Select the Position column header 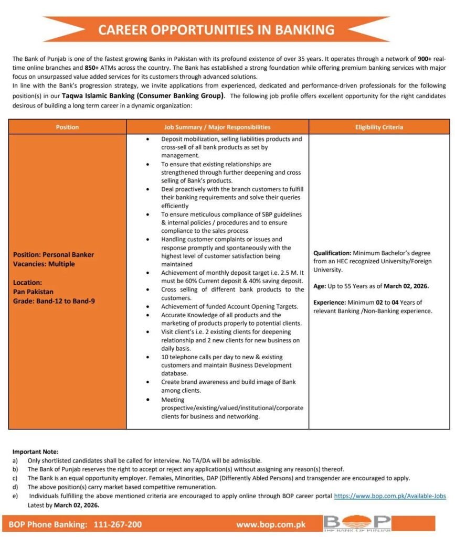coord(67,127)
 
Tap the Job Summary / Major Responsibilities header coord(217,127)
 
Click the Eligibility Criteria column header coord(378,127)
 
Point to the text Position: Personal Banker coord(54,254)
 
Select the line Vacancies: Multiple coord(44,264)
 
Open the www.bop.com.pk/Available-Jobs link coord(390,496)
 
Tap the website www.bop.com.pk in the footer coord(270,524)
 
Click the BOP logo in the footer coord(357,523)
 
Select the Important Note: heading coord(35,452)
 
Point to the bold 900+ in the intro coord(425,58)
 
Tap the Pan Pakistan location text coord(33,292)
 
